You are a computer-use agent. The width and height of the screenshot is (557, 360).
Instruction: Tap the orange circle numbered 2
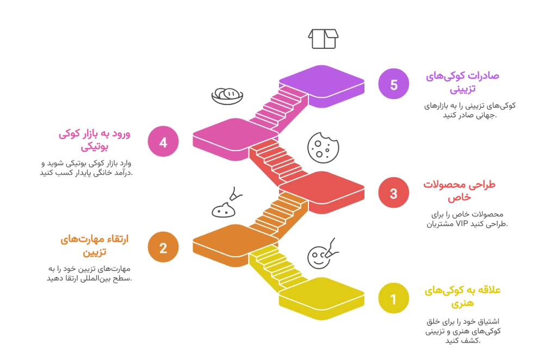(163, 248)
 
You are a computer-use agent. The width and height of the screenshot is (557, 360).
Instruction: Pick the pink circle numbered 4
(163, 142)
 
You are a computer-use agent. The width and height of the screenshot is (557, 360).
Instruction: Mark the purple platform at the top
(321, 83)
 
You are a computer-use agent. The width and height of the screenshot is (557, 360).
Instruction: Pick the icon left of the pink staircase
(226, 96)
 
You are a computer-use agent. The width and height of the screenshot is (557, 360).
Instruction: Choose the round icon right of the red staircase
(322, 147)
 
